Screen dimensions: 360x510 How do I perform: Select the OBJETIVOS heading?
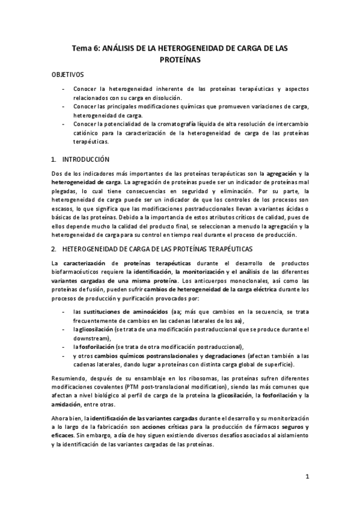point(69,76)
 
